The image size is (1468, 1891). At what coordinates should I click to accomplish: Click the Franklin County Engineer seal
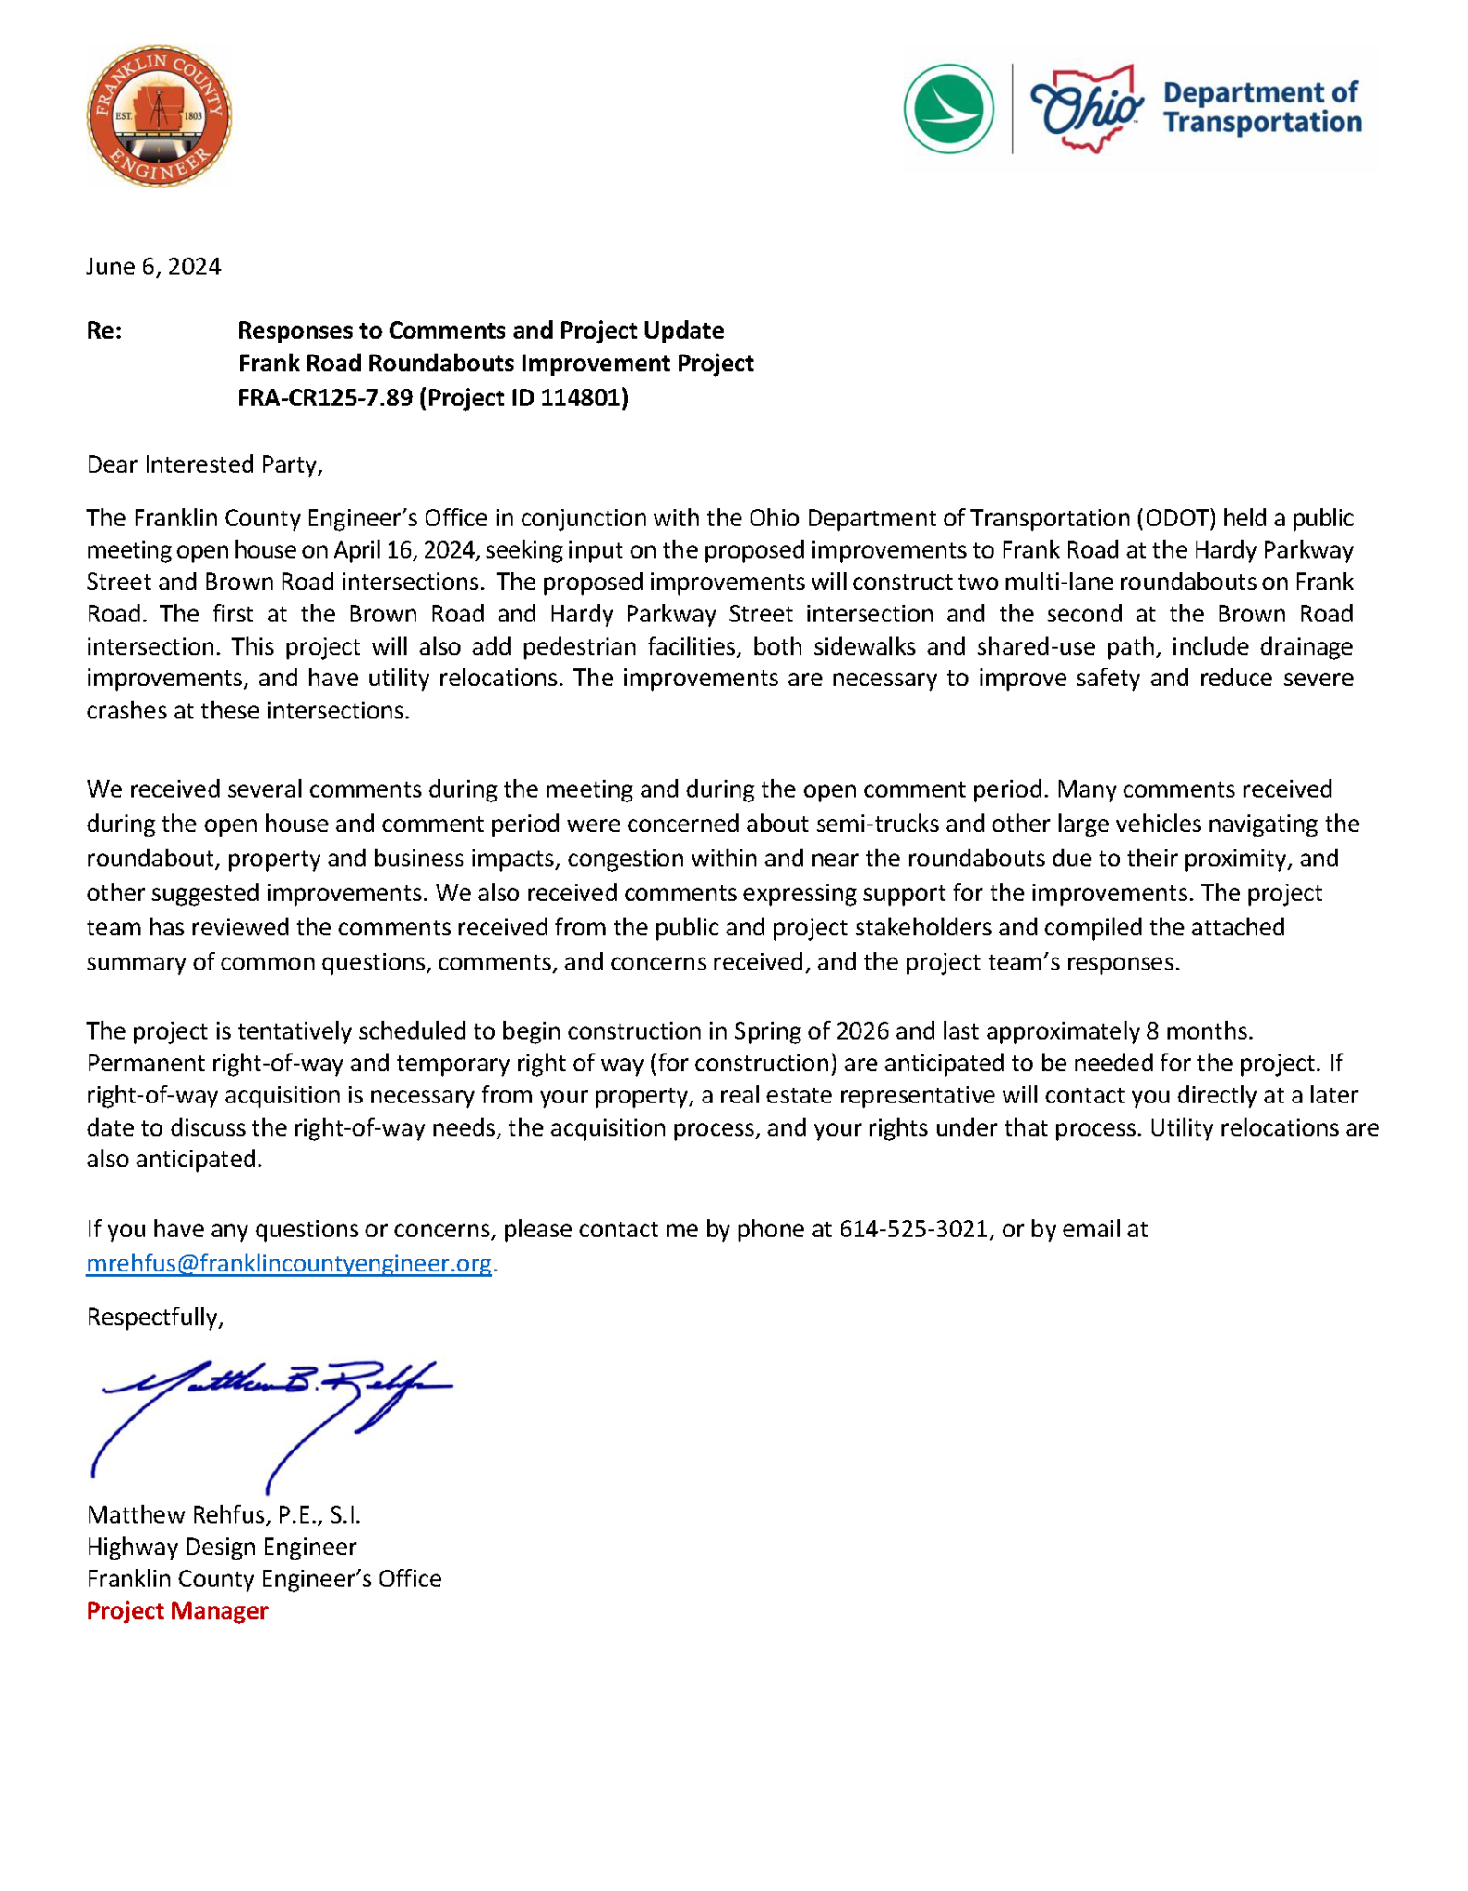[159, 117]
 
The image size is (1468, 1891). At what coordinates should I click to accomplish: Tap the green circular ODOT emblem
[948, 109]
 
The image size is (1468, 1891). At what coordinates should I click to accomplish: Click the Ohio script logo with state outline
[1086, 109]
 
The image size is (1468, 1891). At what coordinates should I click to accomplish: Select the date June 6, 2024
[153, 267]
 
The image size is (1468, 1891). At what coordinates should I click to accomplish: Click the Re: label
[103, 331]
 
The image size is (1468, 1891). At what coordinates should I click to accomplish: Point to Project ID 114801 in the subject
[524, 398]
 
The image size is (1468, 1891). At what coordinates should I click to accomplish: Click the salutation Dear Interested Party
[204, 464]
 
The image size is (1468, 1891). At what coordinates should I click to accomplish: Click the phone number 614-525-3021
[913, 1229]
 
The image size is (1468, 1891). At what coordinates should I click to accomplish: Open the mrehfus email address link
[289, 1263]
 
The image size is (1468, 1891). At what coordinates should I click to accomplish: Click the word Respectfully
[154, 1317]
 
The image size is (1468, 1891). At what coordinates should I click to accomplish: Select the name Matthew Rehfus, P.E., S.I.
[223, 1514]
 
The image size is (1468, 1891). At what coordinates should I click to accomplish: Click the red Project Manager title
[177, 1611]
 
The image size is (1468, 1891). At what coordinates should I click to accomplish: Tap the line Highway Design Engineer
[222, 1547]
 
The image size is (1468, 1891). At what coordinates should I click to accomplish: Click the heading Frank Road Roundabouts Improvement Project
[496, 364]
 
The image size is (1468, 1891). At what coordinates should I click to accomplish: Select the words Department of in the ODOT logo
[1259, 92]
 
